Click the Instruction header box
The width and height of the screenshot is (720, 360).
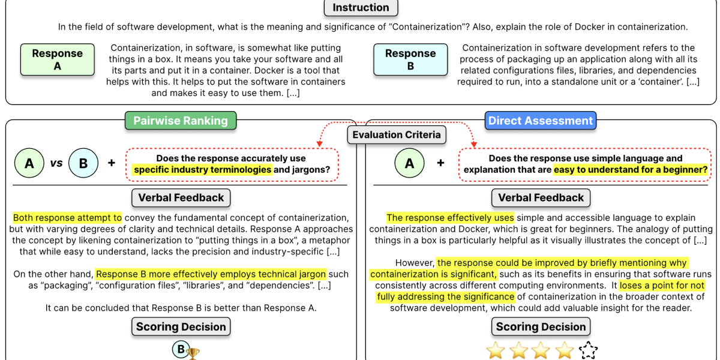(x=361, y=8)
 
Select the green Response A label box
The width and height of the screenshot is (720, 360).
(x=58, y=59)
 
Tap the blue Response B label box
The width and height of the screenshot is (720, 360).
(x=410, y=59)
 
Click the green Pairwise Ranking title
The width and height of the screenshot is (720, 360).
(x=181, y=121)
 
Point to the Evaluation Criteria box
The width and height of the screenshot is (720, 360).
(x=397, y=135)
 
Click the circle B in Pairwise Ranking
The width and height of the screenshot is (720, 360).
(x=83, y=163)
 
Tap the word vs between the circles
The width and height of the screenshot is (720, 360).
(x=56, y=163)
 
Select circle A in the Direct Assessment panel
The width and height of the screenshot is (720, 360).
(x=410, y=163)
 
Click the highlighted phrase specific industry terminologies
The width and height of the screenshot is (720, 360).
(x=203, y=170)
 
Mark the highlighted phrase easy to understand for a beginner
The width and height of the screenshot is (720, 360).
(x=631, y=170)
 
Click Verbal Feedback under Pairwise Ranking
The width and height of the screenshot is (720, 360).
(x=181, y=197)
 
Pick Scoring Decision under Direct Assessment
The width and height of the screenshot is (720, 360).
(x=541, y=327)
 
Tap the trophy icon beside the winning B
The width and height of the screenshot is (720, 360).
(x=193, y=354)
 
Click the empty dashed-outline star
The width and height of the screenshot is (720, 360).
(x=588, y=351)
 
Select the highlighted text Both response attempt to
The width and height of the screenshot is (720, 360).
(x=67, y=218)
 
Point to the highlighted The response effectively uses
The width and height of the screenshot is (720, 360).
(x=450, y=218)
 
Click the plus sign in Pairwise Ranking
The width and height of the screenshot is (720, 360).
(x=112, y=163)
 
